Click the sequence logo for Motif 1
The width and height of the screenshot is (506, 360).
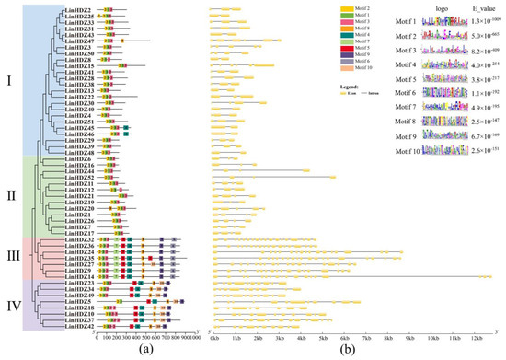(439, 20)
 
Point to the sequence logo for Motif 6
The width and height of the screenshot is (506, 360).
(439, 92)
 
